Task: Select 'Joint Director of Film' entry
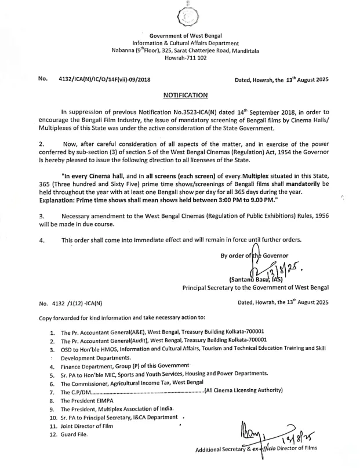tap(87, 426)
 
